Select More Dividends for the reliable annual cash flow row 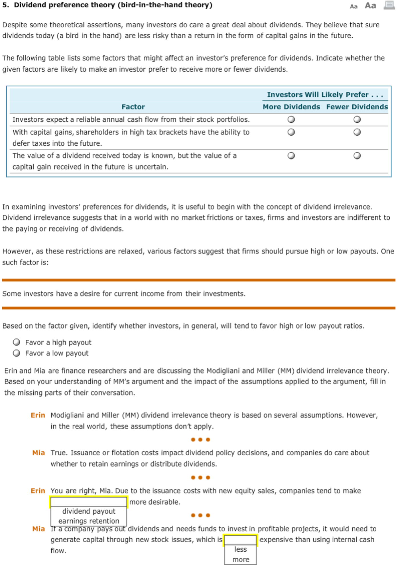coord(291,119)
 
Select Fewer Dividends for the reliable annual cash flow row coord(357,119)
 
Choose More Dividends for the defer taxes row coord(291,132)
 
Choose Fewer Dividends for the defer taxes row coord(357,132)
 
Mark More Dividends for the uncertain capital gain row coord(291,156)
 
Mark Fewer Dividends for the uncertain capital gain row coord(357,156)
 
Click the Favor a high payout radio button coord(17,342)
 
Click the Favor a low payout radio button coord(17,353)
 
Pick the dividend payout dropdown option coord(89,511)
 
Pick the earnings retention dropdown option coord(89,521)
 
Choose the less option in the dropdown coord(240,549)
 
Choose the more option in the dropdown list coord(240,559)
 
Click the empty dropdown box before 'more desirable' coord(88,502)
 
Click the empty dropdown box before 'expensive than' coord(240,540)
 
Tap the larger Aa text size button coord(370,6)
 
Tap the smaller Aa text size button coord(354,7)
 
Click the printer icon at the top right coord(389,5)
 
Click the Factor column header coord(133,107)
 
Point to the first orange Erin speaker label coord(38,415)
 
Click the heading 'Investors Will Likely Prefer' coord(325,95)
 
